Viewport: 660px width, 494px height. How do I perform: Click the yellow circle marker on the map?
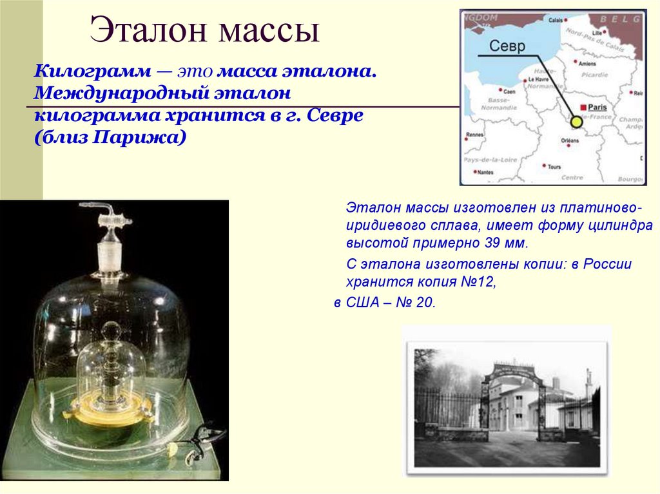point(576,121)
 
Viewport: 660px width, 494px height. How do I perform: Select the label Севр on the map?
point(507,46)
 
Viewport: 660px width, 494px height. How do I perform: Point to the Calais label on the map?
point(555,20)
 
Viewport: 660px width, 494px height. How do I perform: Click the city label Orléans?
point(570,140)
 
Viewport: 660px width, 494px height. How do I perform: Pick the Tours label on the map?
point(554,167)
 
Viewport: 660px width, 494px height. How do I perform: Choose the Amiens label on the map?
point(587,64)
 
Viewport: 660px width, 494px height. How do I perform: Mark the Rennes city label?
point(474,135)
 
